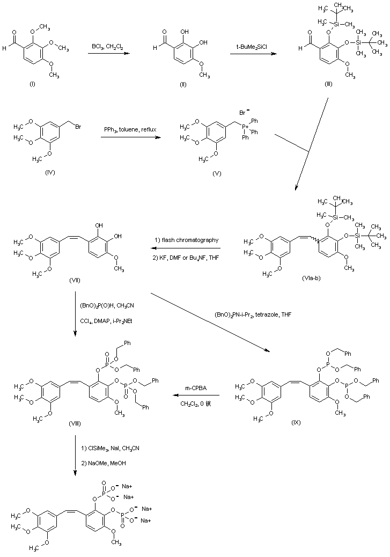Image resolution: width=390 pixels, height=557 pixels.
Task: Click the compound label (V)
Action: (x=217, y=173)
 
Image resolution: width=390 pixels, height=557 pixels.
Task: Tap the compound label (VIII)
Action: (x=75, y=423)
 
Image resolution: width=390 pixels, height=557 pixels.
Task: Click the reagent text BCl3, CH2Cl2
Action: (x=108, y=48)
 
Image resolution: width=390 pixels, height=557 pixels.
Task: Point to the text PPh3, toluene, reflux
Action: (x=129, y=130)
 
